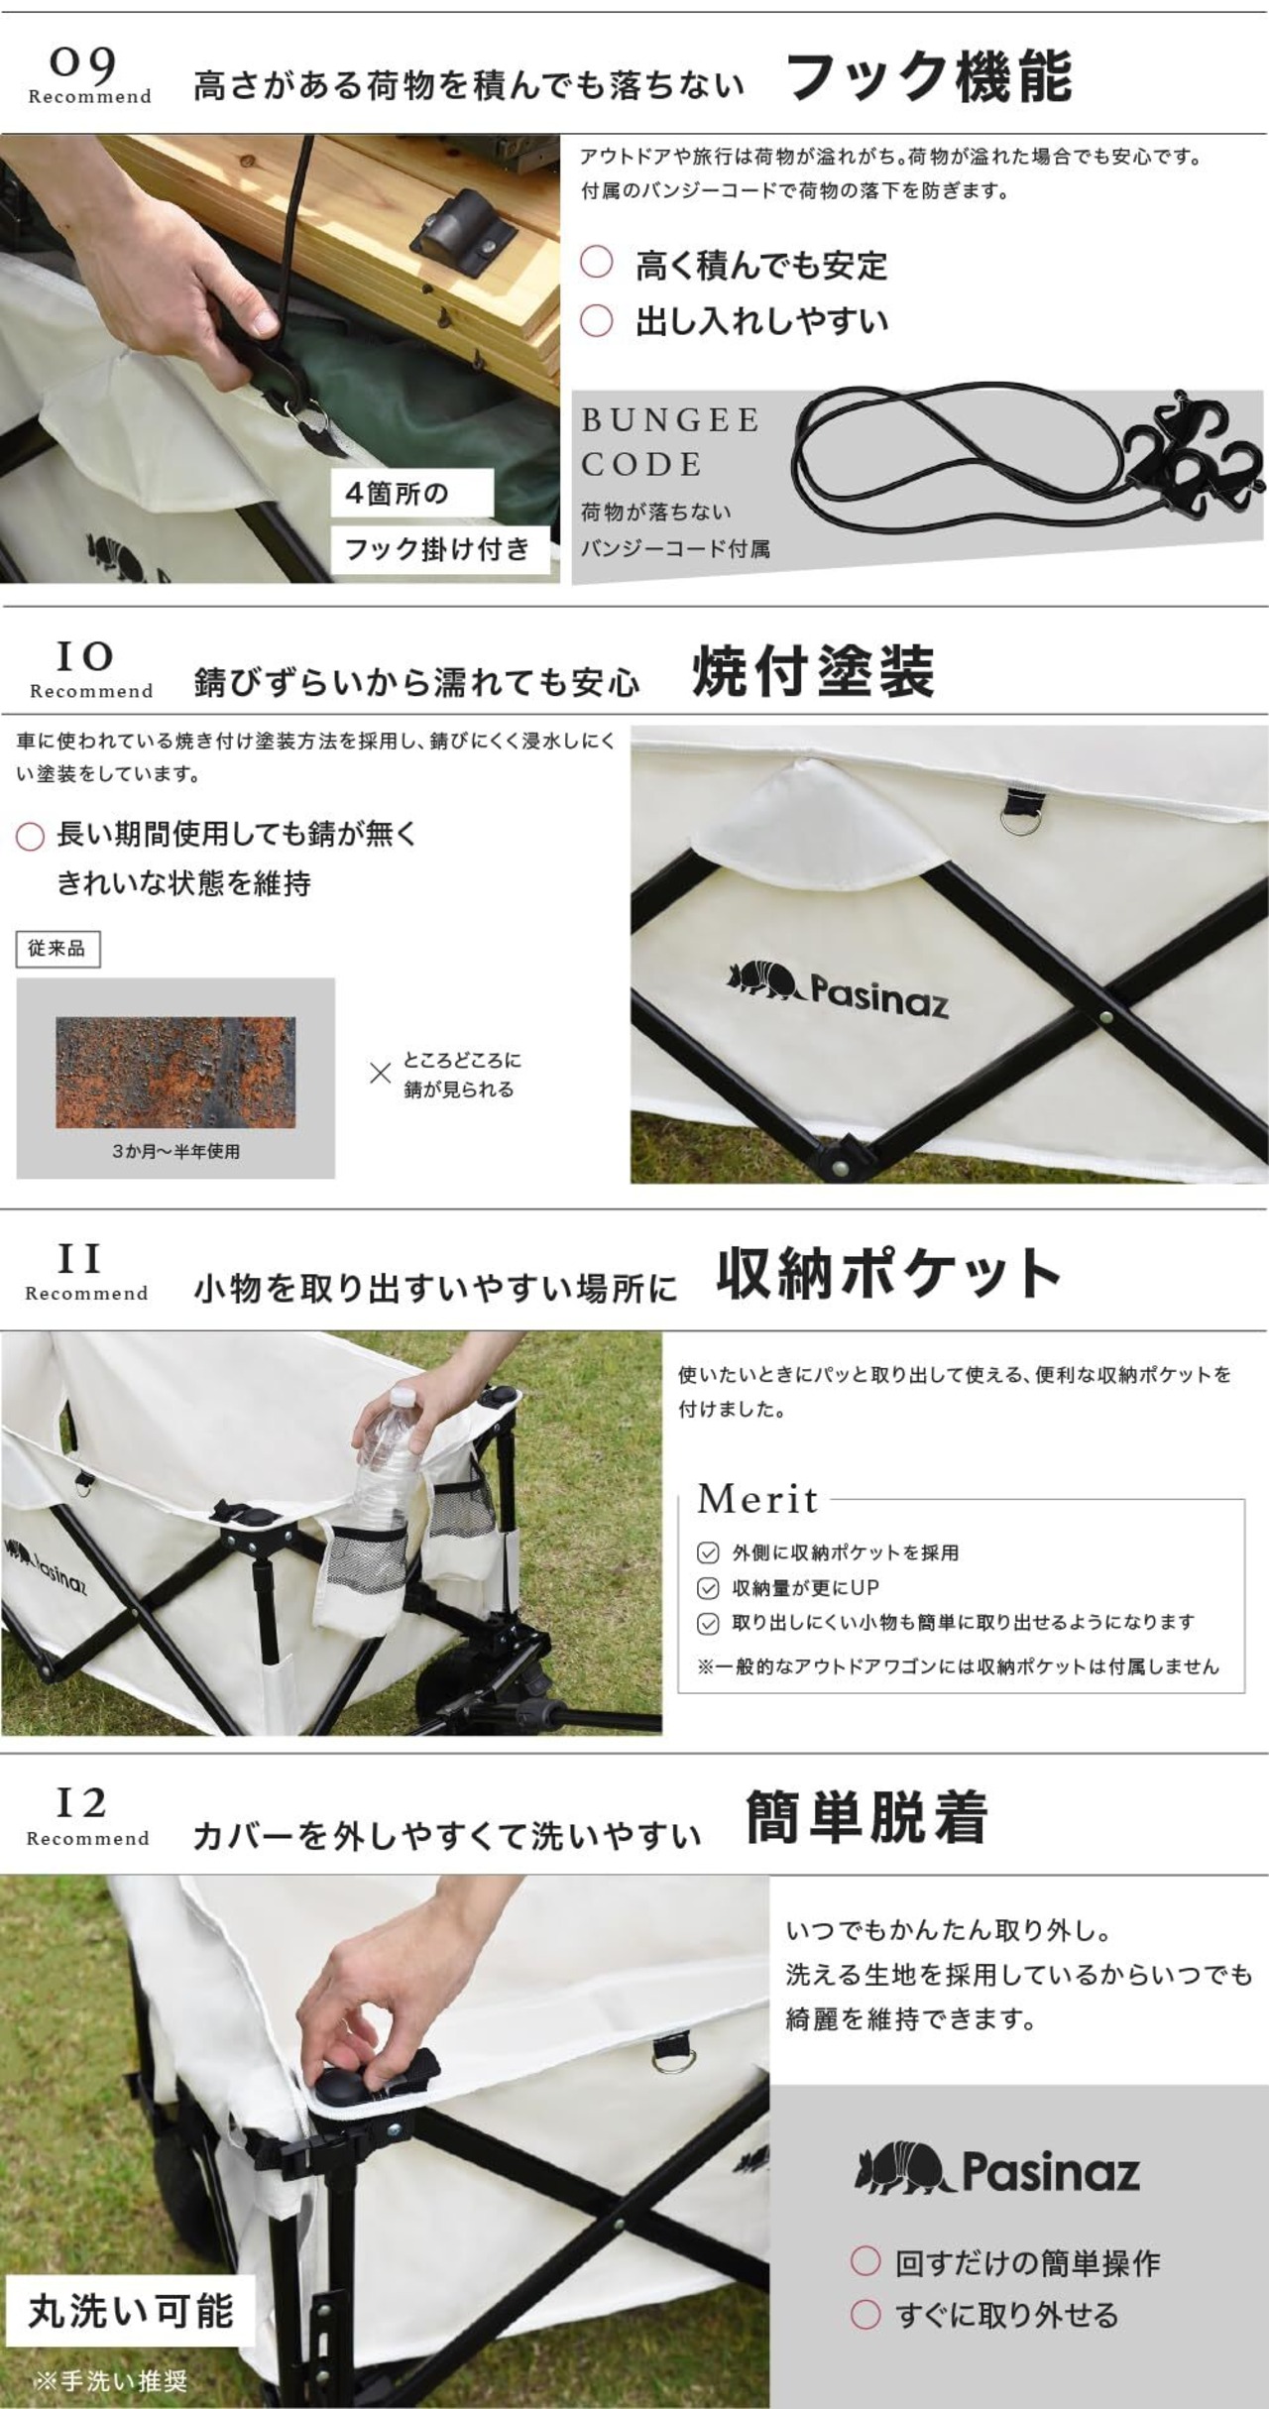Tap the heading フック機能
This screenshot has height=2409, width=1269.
(x=929, y=76)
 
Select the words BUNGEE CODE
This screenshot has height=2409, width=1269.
(x=671, y=441)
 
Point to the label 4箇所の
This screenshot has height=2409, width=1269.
(x=397, y=493)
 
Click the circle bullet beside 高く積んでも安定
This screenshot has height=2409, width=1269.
(x=597, y=263)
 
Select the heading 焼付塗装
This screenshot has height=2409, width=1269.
(x=813, y=671)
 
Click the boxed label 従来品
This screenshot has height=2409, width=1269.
(x=58, y=949)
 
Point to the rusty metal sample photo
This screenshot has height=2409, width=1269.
(x=175, y=1072)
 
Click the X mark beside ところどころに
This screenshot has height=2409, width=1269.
(x=380, y=1073)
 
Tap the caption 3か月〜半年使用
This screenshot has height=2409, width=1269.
(x=175, y=1152)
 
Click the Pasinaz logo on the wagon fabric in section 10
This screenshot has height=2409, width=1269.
(x=838, y=986)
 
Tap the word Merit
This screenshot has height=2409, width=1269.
(x=758, y=1499)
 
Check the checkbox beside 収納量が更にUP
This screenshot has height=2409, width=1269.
(x=708, y=1588)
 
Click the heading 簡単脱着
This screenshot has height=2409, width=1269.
(x=866, y=1817)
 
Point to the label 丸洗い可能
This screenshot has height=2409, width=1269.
(x=131, y=2311)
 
